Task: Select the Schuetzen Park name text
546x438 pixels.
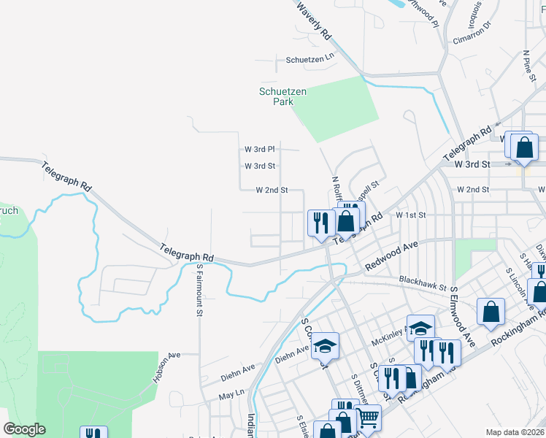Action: [x=282, y=96]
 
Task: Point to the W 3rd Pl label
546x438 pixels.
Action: [x=259, y=149]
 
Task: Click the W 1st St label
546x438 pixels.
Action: [x=410, y=215]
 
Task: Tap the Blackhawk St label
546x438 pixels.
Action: [x=422, y=283]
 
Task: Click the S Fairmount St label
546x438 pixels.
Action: [x=199, y=290]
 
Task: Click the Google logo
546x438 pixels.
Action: [x=25, y=429]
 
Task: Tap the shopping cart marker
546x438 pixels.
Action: [x=369, y=417]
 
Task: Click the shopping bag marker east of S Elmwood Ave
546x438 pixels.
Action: [x=491, y=311]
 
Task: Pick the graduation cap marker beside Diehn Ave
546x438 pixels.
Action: [x=326, y=346]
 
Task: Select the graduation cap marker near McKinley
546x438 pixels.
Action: [x=420, y=327]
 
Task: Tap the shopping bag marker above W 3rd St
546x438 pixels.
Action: [x=524, y=147]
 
